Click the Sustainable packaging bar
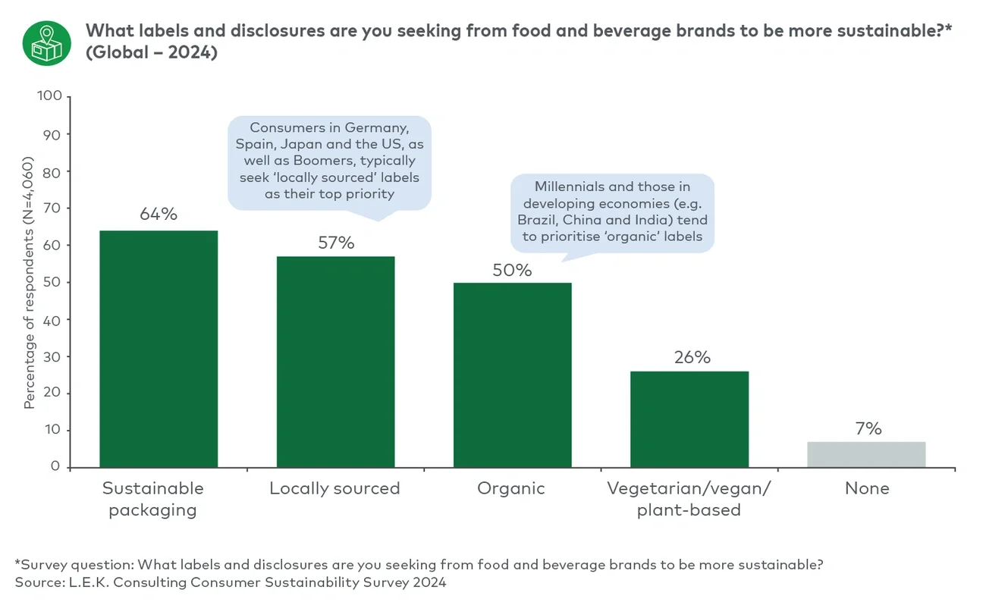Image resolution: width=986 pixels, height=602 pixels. click(159, 349)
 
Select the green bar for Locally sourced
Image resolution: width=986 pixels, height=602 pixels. click(335, 362)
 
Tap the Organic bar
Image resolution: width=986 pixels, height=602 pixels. click(512, 375)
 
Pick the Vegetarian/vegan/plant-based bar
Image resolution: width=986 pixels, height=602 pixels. click(689, 419)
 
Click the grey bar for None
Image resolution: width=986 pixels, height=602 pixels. click(866, 454)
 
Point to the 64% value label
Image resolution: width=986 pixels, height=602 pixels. click(159, 215)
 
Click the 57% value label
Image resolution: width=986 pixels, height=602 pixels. click(335, 243)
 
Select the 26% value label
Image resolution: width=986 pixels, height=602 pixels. click(692, 357)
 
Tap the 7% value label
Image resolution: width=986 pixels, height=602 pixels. click(868, 428)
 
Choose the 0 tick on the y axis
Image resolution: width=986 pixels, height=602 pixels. click(56, 467)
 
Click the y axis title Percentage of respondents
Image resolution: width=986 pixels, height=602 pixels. click(29, 283)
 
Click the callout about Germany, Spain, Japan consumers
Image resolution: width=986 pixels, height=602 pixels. click(329, 161)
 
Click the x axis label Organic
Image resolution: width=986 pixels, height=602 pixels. click(511, 488)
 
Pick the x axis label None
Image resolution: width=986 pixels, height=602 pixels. click(866, 488)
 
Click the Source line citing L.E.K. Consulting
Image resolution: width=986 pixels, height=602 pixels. click(231, 582)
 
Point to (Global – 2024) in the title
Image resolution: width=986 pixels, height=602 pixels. click(151, 54)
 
